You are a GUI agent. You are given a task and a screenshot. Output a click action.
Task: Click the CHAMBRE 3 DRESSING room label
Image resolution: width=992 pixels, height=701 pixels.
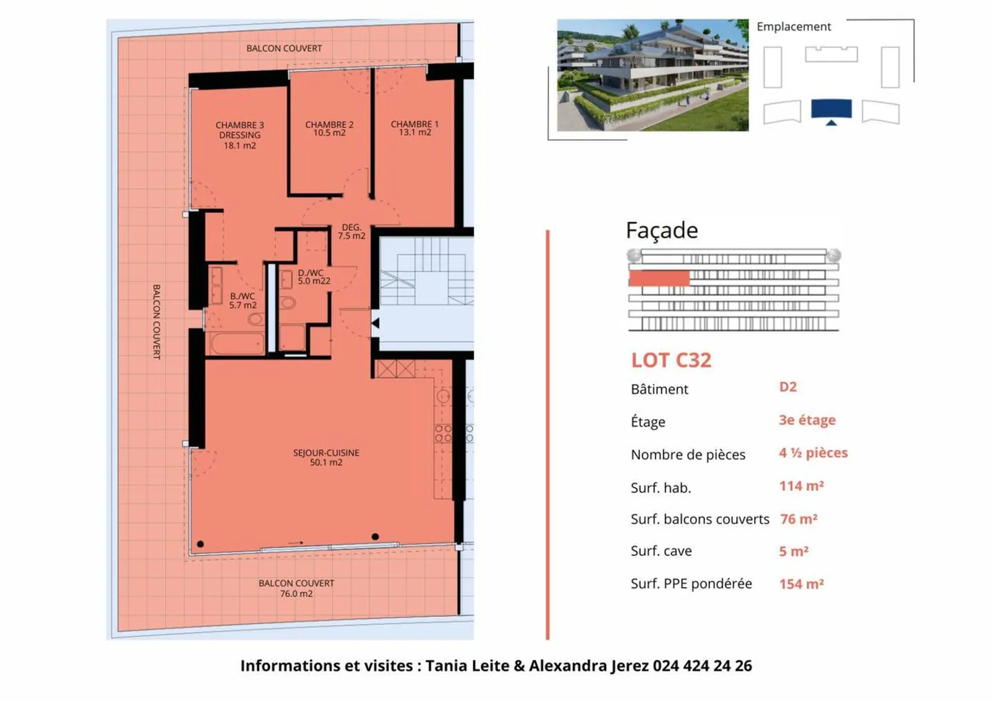(240, 135)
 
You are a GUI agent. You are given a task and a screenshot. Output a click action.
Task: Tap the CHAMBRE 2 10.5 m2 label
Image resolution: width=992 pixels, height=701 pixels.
(329, 129)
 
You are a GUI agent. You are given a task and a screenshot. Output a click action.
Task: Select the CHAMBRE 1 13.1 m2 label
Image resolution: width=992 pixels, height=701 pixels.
(414, 128)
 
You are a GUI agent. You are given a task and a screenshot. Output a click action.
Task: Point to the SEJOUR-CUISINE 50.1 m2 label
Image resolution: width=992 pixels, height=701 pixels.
(326, 458)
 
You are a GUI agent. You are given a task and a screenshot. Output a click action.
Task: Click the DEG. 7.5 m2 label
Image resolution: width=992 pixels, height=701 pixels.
(351, 232)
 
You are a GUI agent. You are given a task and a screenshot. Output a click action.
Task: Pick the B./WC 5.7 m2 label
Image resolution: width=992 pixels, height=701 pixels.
(242, 301)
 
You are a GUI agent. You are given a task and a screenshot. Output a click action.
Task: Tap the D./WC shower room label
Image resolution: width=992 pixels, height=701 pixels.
(313, 277)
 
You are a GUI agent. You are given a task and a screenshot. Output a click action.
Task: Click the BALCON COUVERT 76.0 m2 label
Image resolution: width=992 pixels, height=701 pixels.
(296, 588)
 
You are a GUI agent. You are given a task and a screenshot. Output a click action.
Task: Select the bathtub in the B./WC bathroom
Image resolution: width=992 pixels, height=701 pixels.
(237, 343)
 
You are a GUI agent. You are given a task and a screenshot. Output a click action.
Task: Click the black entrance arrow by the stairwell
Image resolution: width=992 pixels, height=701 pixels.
(375, 323)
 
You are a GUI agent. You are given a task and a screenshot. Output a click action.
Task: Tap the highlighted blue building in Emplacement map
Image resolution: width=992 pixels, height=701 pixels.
(831, 109)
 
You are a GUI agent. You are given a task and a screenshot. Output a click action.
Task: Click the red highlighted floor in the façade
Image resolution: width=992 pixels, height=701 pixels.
(659, 278)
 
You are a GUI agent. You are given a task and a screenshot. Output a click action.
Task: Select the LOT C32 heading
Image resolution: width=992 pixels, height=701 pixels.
(671, 360)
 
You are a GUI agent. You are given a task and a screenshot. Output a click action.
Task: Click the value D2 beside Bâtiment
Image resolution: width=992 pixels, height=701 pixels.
(787, 387)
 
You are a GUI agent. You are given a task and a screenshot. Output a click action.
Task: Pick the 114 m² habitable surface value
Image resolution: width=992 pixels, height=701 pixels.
(801, 486)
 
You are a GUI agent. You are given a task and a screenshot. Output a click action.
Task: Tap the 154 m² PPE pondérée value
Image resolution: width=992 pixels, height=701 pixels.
(801, 584)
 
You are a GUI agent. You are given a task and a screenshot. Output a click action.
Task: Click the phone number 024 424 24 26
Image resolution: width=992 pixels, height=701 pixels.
(702, 666)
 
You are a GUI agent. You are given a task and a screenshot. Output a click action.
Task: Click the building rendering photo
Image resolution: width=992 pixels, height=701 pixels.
(652, 75)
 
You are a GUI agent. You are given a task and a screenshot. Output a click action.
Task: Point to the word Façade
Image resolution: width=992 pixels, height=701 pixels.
(661, 230)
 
